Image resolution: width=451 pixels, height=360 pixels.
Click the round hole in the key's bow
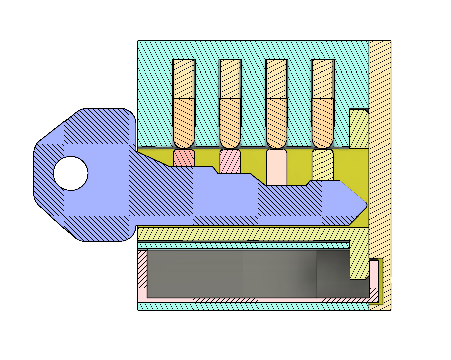[x=71, y=173]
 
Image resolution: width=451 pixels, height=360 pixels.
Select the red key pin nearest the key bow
[x=184, y=157]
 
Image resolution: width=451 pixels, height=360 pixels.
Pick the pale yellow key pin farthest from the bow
[x=323, y=165]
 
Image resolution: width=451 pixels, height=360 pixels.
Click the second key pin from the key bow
[x=230, y=161]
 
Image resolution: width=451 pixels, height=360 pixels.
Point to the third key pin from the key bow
[x=276, y=166]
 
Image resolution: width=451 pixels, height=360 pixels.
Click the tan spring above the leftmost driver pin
[x=184, y=79]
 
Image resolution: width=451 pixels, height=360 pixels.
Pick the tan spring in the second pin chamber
[x=230, y=79]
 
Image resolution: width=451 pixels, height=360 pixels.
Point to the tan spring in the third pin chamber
[x=276, y=79]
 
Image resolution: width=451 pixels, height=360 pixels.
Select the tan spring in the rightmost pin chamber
[x=323, y=79]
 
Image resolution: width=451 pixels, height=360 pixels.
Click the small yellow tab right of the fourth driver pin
[x=359, y=129]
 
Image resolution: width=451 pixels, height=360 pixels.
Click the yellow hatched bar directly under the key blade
[x=242, y=234]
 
